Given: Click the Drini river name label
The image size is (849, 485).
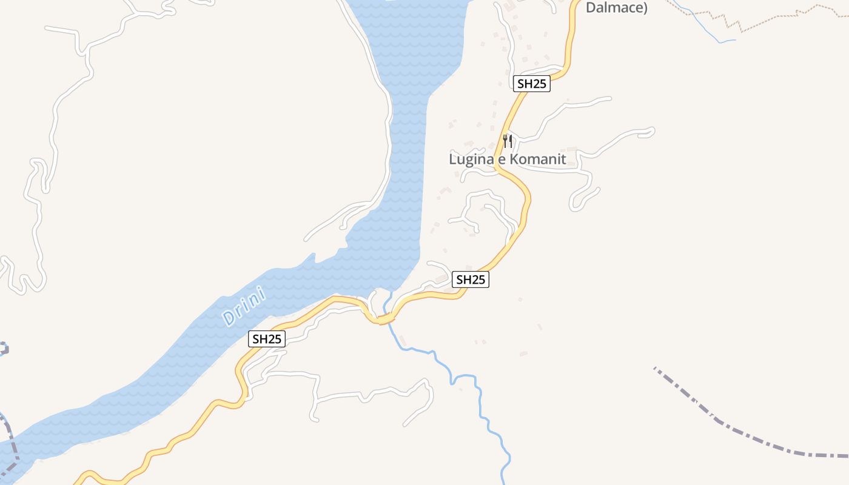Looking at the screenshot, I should point(245,305).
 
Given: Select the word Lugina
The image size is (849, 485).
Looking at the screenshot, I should point(470,159).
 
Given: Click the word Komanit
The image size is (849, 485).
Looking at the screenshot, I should point(537,159).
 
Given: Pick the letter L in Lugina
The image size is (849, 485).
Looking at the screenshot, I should point(452,159).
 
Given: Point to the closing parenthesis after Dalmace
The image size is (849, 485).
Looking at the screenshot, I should point(646,8).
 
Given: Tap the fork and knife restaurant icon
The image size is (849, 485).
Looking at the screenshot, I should point(508,141).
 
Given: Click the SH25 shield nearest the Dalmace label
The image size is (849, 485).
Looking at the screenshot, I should point(532,84).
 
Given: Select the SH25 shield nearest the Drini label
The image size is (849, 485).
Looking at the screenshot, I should point(267,339).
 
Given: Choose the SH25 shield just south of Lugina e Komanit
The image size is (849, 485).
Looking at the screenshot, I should point(471,279).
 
